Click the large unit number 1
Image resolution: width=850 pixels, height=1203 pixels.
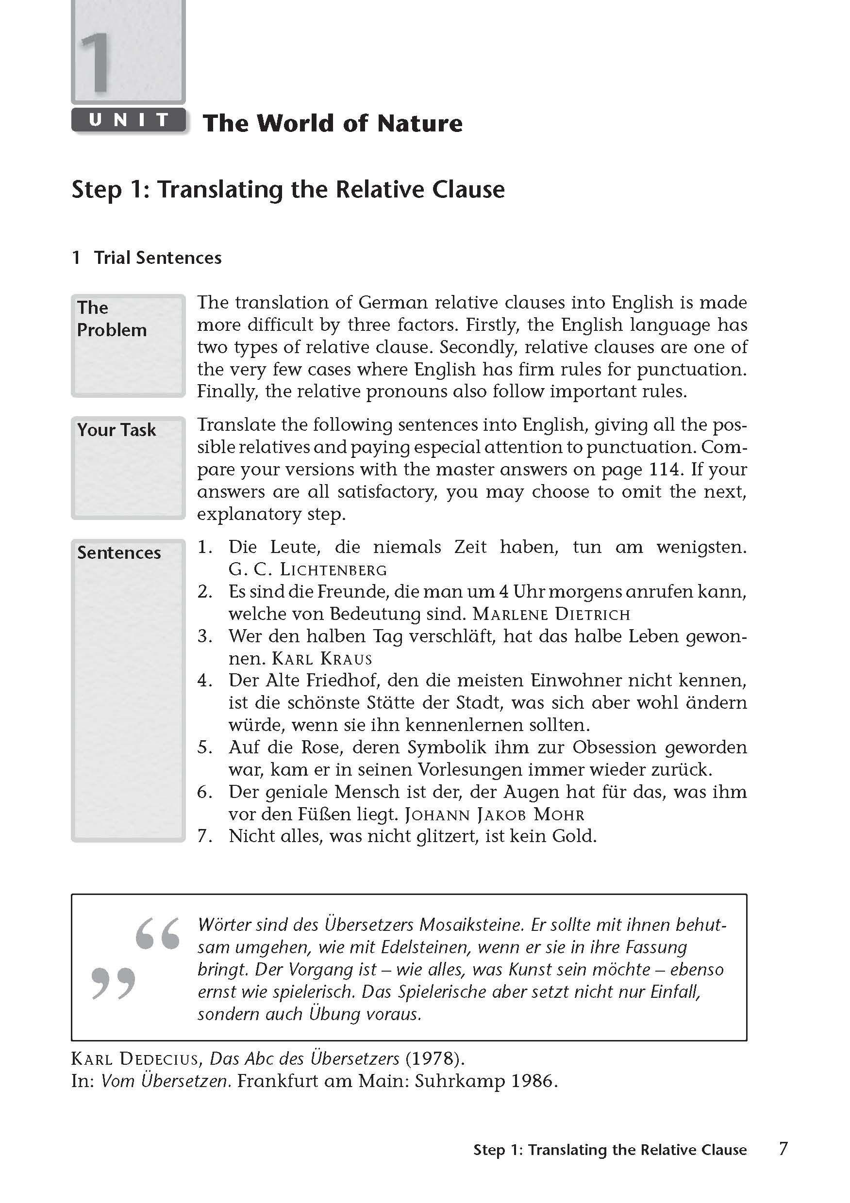coord(96,62)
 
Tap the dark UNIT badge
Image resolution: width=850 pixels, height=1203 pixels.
coord(129,120)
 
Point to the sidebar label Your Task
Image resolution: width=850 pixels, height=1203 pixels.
coord(117,430)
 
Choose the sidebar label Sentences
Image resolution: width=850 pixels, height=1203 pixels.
coord(119,553)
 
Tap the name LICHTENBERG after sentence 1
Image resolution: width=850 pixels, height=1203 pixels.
coord(333,569)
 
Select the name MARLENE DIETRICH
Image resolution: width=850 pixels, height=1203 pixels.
coord(551,614)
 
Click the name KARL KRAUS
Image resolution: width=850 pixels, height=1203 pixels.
coord(322,659)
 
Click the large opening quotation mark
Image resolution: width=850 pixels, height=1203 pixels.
coord(157,933)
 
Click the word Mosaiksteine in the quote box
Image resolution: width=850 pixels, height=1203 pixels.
coord(471,925)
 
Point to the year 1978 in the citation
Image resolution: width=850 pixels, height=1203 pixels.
coord(434,1059)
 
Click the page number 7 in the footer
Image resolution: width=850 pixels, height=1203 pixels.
coord(783,1149)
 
